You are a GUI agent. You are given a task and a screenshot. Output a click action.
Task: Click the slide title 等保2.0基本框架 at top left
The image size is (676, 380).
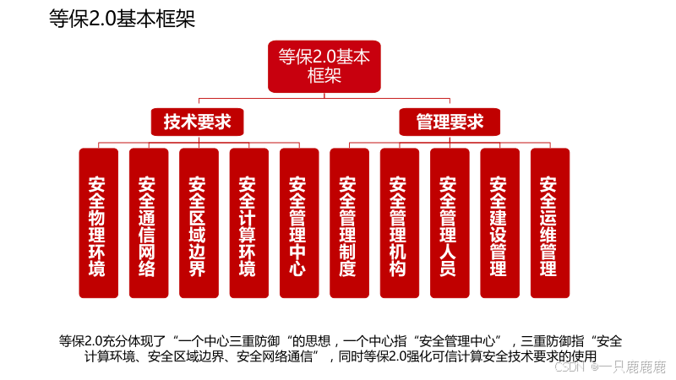pyautogui.click(x=122, y=19)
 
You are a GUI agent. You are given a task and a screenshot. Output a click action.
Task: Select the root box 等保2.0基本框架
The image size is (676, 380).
pyautogui.click(x=324, y=67)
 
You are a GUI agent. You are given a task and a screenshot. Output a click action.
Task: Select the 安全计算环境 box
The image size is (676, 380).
pyautogui.click(x=248, y=224)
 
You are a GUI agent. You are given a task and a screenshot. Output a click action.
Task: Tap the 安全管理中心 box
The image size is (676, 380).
pyautogui.click(x=297, y=224)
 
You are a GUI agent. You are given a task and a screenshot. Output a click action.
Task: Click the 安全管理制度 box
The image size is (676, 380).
pyautogui.click(x=347, y=224)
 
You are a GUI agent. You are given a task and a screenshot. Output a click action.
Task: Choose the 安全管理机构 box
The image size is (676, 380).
pyautogui.click(x=398, y=224)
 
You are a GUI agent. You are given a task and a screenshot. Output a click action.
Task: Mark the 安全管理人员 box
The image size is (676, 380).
pyautogui.click(x=448, y=224)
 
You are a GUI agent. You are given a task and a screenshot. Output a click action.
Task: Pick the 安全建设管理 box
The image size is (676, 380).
pyautogui.click(x=499, y=224)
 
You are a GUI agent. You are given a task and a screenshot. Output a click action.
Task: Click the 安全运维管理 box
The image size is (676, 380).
pyautogui.click(x=548, y=224)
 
